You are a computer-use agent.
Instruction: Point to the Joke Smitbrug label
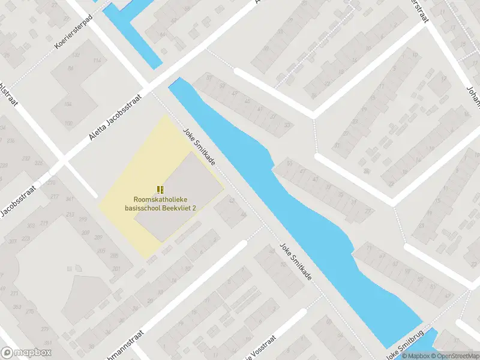point(405,343)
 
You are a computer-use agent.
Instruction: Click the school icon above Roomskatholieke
point(160,189)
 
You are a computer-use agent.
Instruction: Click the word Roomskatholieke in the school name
point(160,199)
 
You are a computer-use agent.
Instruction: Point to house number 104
point(68,105)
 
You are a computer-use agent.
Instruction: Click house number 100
point(68,124)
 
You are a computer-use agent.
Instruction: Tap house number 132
point(76,55)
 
